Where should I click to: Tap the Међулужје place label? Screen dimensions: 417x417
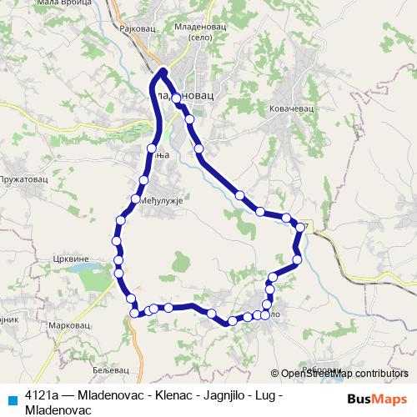(157, 199)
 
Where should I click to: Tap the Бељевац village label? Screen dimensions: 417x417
(111, 369)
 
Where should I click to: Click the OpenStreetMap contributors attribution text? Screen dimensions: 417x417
(339, 374)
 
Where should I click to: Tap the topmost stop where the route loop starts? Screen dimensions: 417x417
(164, 73)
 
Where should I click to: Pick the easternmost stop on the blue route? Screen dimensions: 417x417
(300, 227)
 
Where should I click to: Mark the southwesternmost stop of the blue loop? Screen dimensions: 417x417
(133, 313)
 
